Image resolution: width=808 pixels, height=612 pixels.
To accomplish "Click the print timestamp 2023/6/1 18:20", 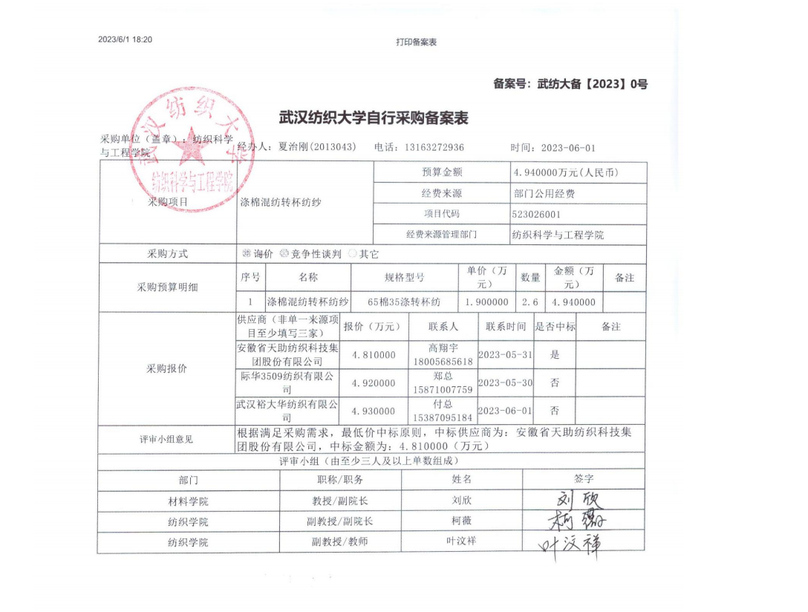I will click(125, 40).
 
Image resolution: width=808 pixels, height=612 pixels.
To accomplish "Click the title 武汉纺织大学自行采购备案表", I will click(374, 117).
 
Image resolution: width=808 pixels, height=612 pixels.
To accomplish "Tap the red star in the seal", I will click(192, 148).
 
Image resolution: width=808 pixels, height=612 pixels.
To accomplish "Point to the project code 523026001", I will click(536, 214).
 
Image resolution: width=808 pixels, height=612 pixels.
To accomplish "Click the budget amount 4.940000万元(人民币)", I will click(566, 172).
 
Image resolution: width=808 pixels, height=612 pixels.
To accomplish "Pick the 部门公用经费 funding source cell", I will click(544, 193).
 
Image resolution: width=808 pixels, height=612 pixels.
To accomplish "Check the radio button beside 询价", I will click(247, 254).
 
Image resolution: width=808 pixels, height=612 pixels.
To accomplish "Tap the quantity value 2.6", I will click(530, 302).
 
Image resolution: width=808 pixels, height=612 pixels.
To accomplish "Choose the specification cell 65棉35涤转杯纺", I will click(404, 302).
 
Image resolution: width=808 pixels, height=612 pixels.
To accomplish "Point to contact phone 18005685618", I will click(443, 362).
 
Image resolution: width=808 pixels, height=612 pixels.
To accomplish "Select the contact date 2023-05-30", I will click(505, 383).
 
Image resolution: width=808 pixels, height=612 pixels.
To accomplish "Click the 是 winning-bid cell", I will click(555, 355).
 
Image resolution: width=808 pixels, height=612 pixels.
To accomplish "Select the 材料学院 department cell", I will click(188, 501).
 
